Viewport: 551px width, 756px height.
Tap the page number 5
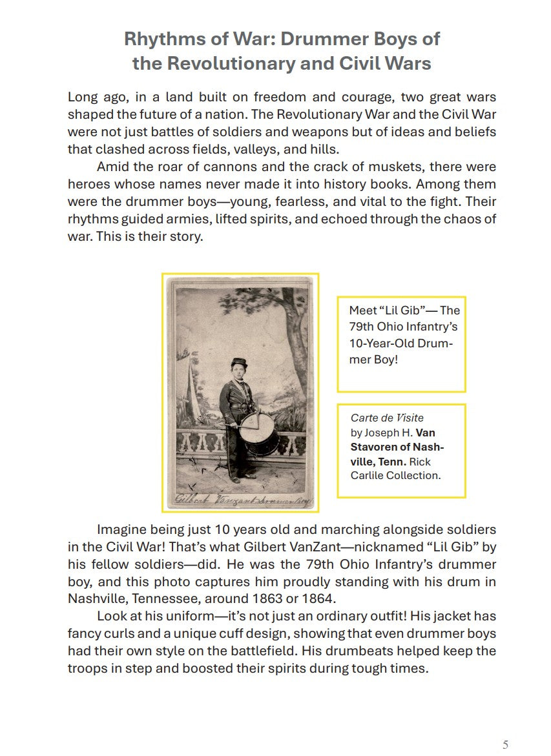click(x=505, y=744)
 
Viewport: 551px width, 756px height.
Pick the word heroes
click(x=90, y=185)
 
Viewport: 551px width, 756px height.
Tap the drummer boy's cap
click(x=238, y=364)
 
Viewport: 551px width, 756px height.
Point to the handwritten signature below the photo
click(x=239, y=498)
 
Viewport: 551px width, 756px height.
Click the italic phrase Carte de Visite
click(x=387, y=418)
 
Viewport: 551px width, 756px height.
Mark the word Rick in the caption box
click(x=420, y=462)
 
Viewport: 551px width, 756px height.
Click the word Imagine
click(x=124, y=529)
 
